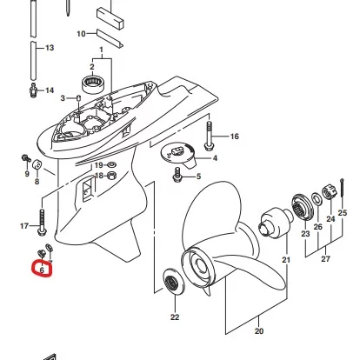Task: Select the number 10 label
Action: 81,34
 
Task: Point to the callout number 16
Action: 234,137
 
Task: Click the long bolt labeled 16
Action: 209,134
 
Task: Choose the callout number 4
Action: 215,158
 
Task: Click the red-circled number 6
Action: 43,271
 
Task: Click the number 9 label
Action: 26,173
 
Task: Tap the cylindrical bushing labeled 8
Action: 38,165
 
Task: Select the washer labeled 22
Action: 174,283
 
